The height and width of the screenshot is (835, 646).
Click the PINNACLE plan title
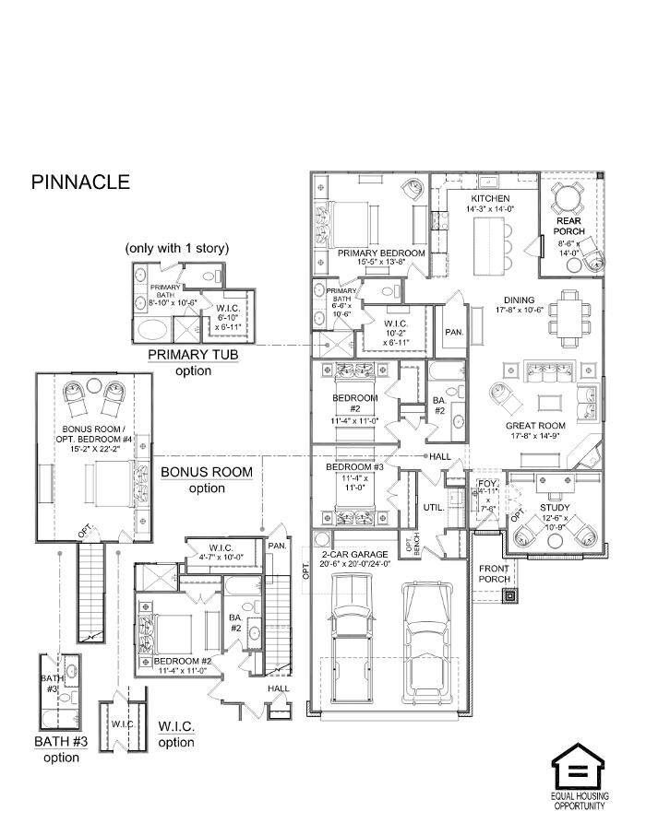click(x=80, y=182)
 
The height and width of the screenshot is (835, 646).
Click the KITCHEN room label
click(x=490, y=199)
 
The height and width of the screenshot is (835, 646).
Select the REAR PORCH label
click(x=568, y=225)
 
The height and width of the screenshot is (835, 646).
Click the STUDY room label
click(x=555, y=508)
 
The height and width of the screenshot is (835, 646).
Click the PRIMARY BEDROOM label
click(x=381, y=253)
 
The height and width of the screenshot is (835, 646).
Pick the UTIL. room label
click(x=434, y=508)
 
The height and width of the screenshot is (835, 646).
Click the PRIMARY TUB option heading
click(x=194, y=356)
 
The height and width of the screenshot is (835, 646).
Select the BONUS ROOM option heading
click(x=207, y=472)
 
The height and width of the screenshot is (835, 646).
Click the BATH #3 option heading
click(x=61, y=742)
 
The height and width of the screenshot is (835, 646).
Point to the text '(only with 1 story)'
click(x=178, y=248)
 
